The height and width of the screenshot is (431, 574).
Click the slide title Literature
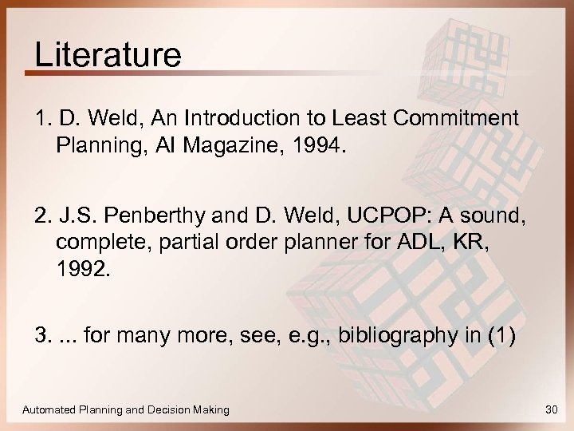108,57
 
